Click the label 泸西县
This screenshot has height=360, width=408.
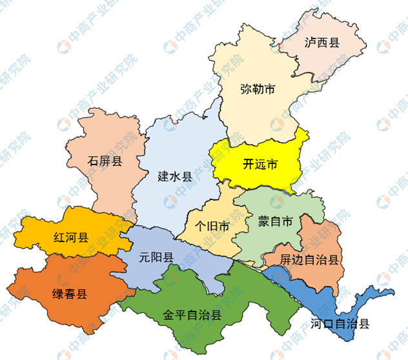click(x=321, y=43)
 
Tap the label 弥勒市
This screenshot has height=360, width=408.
click(x=258, y=89)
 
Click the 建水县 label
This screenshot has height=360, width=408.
click(x=175, y=176)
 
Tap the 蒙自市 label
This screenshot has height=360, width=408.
click(x=276, y=222)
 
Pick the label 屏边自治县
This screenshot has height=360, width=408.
click(x=311, y=260)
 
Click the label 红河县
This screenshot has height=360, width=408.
click(x=70, y=237)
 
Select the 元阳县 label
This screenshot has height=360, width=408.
click(x=156, y=256)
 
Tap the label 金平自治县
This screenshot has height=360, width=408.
click(x=192, y=315)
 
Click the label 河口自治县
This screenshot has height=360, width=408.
click(x=340, y=324)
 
